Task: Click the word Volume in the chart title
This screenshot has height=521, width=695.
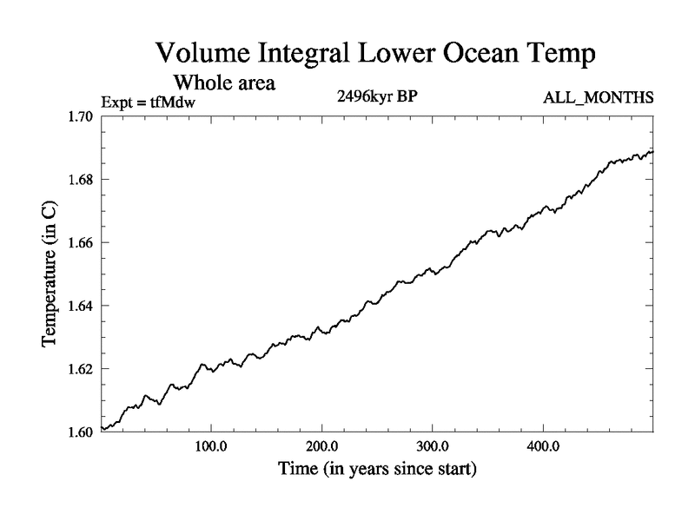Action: (x=198, y=54)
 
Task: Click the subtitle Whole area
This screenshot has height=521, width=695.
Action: (x=224, y=83)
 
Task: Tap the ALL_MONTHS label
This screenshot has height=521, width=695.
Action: (x=597, y=98)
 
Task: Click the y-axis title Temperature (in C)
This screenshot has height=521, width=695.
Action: (x=50, y=274)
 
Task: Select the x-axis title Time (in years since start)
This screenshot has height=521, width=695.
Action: (x=377, y=470)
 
